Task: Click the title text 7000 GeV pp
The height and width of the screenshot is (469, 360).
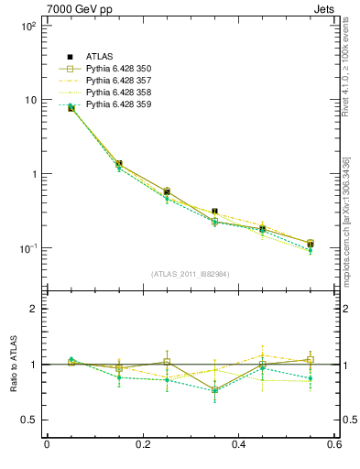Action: [x=74, y=8]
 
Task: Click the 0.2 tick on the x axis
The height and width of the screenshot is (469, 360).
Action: [x=142, y=445]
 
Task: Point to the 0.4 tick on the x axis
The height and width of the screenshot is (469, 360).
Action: [x=238, y=445]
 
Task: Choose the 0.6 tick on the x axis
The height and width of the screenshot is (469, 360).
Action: [x=333, y=445]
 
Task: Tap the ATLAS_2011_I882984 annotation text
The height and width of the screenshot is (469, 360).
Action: [x=190, y=273]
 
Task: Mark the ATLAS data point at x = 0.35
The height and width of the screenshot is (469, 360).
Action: [x=214, y=212]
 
